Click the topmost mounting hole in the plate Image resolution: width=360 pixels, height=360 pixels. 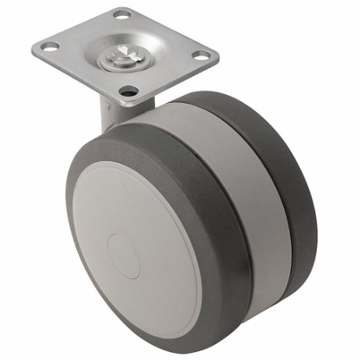tap(122, 13)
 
